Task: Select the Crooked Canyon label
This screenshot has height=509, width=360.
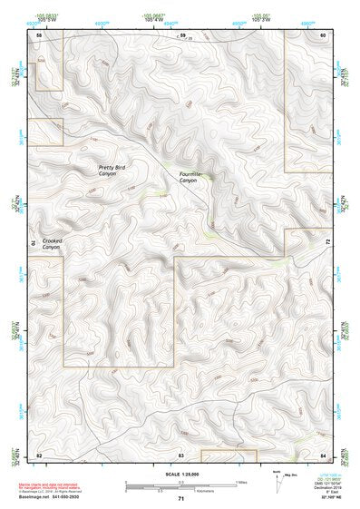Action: point(51,243)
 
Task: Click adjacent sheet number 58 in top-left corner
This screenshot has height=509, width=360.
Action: point(39,34)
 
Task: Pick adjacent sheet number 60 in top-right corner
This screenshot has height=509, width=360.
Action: point(323,34)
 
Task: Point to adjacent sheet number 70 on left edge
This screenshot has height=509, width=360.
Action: point(34,243)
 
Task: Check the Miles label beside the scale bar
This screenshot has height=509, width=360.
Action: point(241,480)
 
